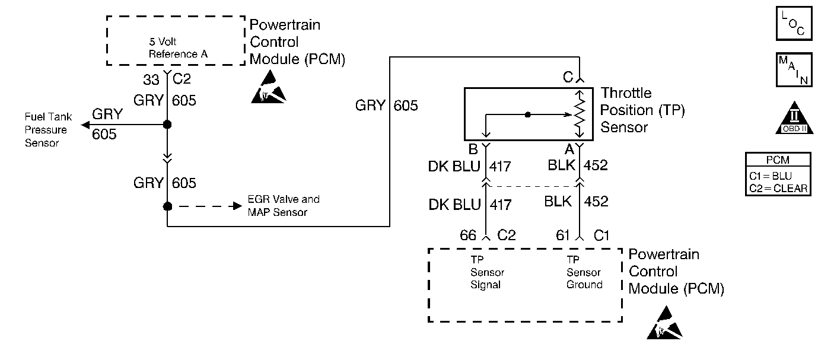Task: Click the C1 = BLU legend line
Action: [778, 176]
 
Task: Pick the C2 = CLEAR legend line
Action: [778, 188]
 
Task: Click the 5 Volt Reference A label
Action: [173, 48]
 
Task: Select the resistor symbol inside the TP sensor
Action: [580, 115]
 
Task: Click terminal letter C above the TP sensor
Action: [568, 77]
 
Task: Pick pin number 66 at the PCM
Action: [468, 235]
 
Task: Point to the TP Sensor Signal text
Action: [487, 272]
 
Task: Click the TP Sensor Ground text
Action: [584, 272]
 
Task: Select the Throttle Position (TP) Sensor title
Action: [643, 110]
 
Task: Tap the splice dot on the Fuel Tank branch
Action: [168, 125]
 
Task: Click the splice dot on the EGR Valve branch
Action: [168, 206]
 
